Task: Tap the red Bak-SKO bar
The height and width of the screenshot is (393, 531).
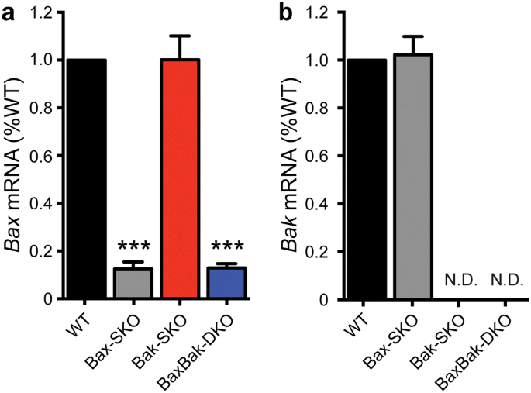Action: pyautogui.click(x=179, y=179)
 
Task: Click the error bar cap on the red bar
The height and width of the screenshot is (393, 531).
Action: pyautogui.click(x=179, y=36)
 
